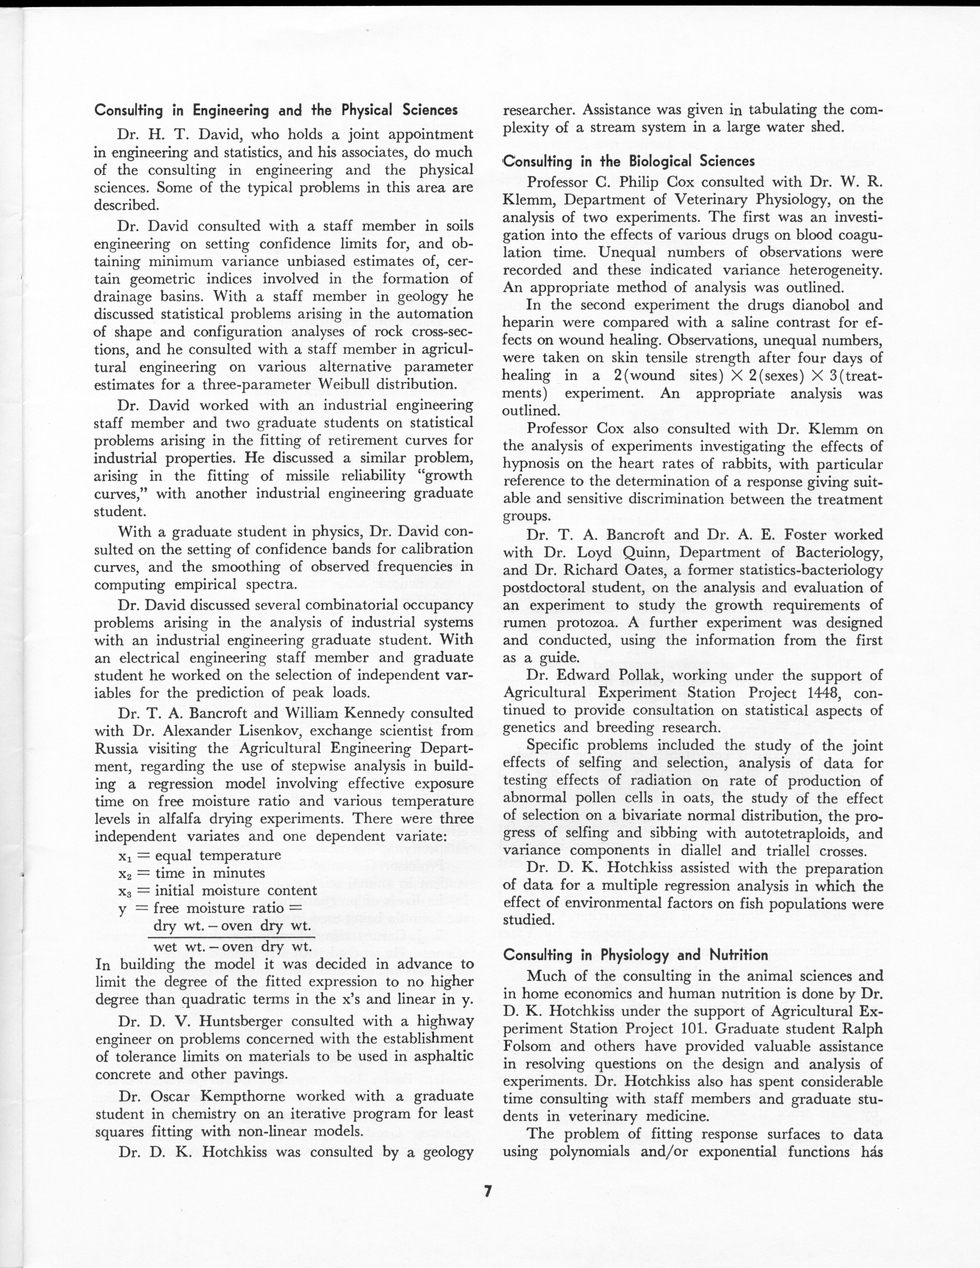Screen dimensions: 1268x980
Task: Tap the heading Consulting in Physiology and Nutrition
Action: click(636, 954)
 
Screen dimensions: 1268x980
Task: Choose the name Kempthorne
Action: click(243, 1096)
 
